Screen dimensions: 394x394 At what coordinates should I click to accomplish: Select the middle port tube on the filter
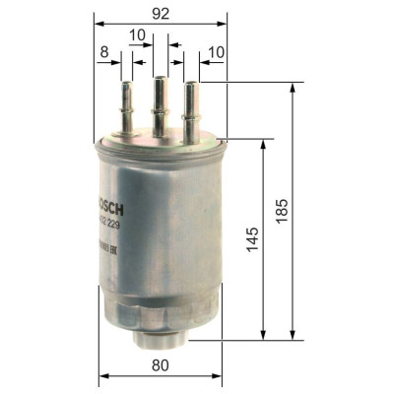(158, 106)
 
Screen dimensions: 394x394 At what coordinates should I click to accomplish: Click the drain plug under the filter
(161, 339)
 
